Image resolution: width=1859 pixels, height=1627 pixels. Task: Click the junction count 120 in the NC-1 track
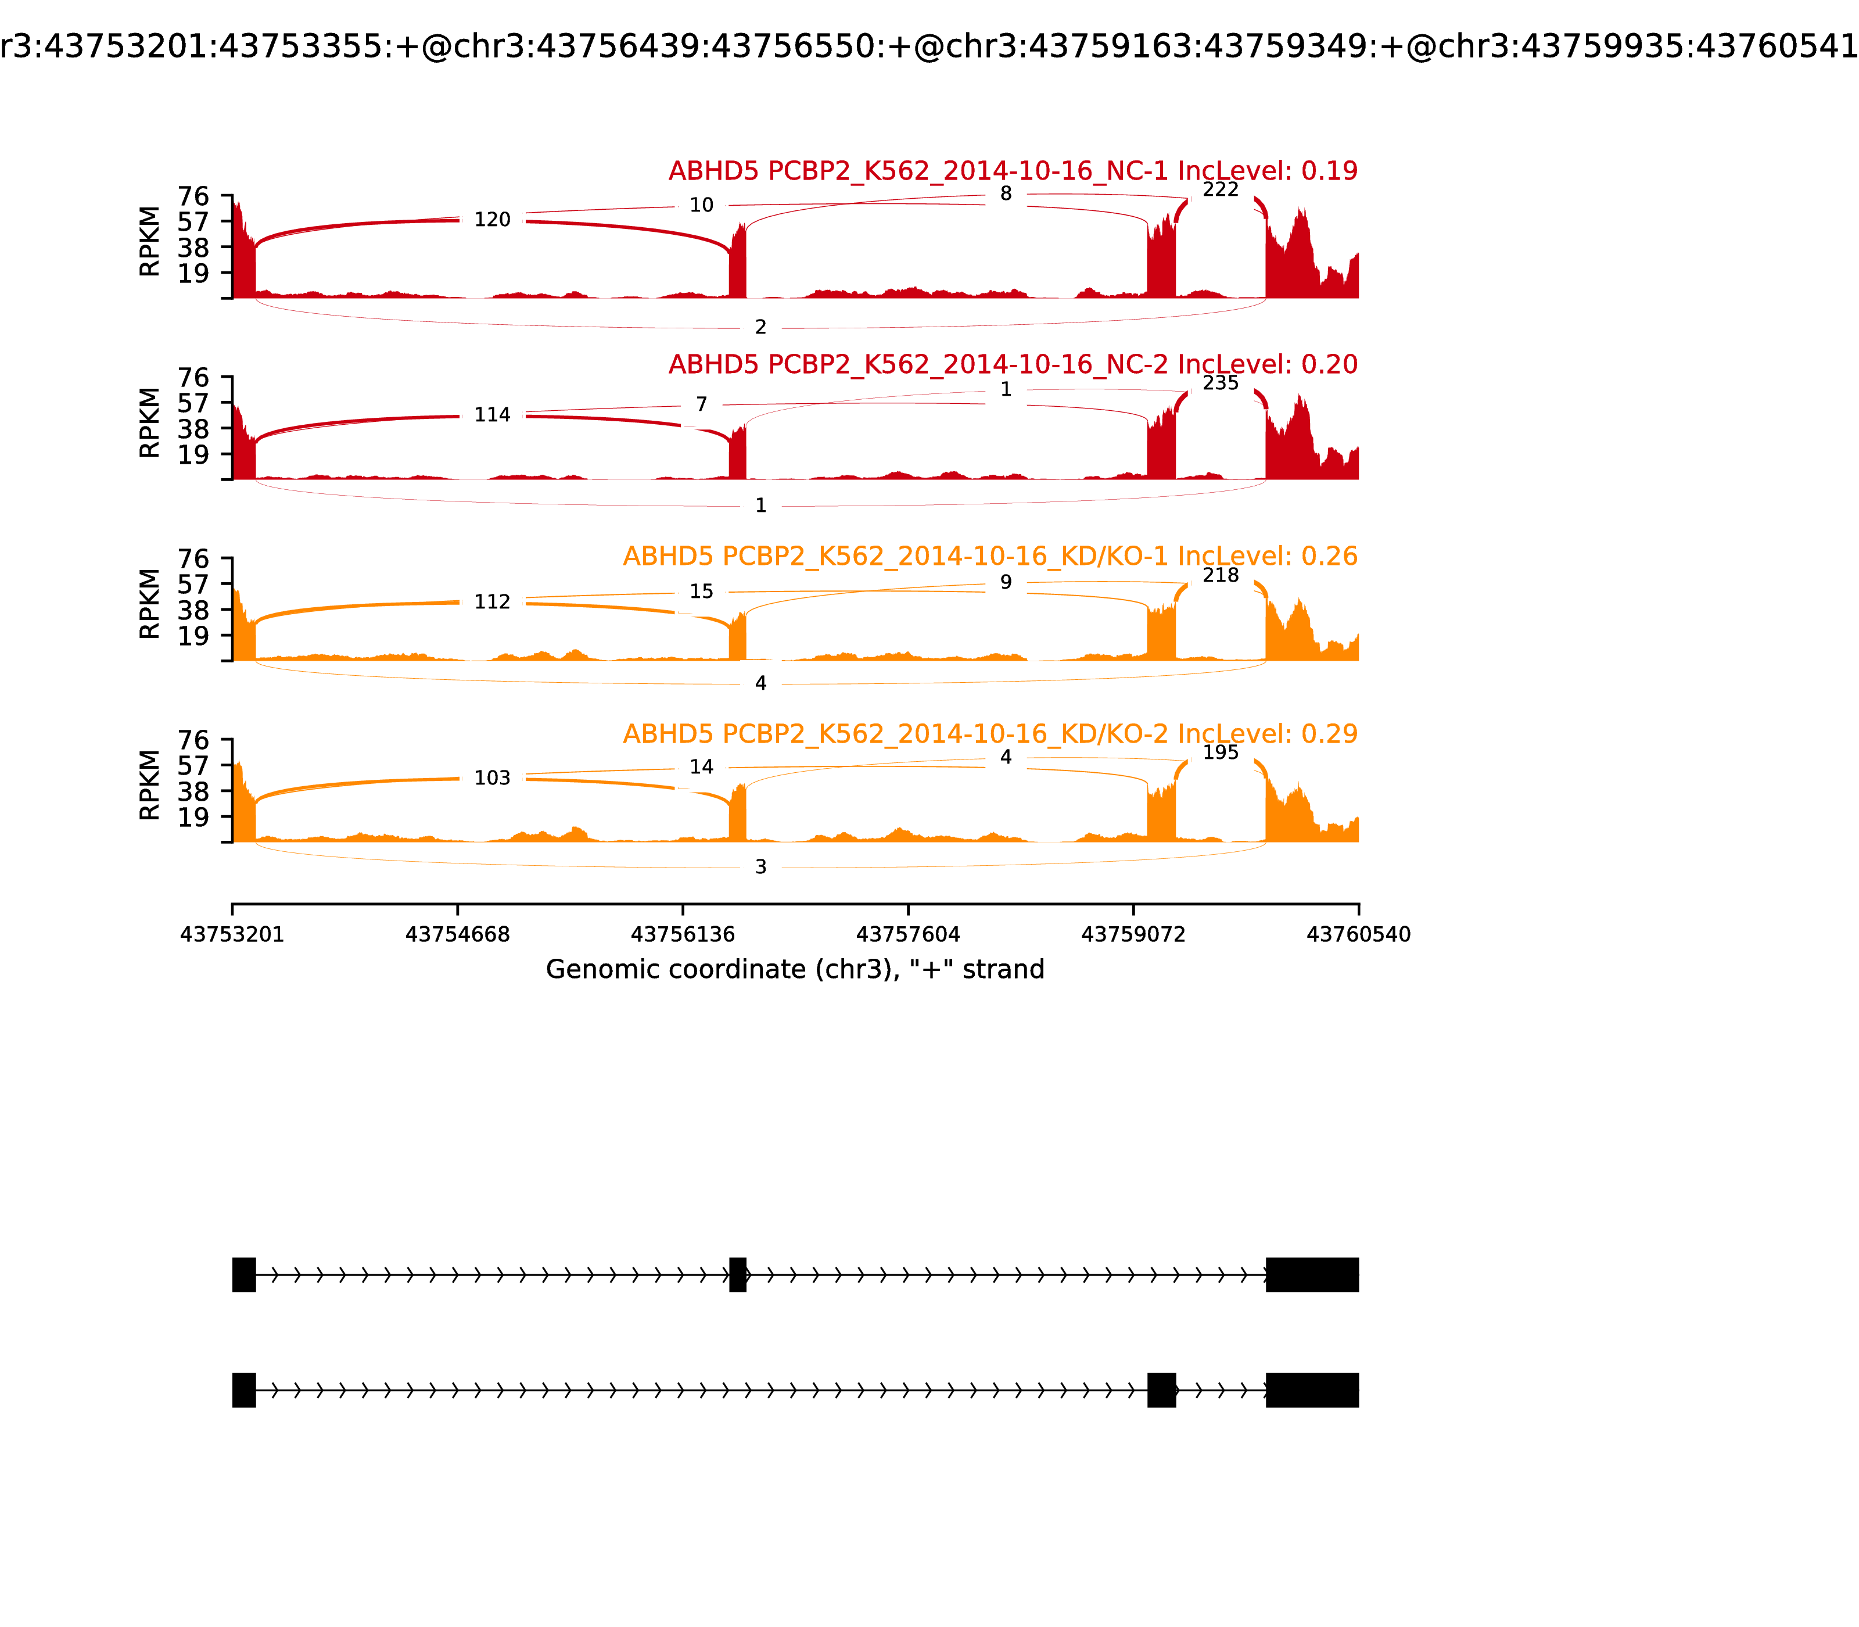pyautogui.click(x=492, y=220)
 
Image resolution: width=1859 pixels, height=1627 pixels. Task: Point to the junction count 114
pyautogui.click(x=492, y=415)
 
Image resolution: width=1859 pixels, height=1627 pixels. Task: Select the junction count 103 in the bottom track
pyautogui.click(x=492, y=778)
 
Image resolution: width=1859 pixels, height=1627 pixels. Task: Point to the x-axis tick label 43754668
pyautogui.click(x=458, y=934)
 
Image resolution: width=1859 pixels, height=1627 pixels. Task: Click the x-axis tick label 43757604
pyautogui.click(x=907, y=934)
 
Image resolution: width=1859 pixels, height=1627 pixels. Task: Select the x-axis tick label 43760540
pyautogui.click(x=1358, y=934)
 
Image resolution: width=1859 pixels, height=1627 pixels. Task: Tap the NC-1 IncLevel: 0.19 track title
pyautogui.click(x=1012, y=171)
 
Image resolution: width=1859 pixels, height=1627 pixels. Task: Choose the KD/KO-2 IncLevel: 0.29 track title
pyautogui.click(x=989, y=733)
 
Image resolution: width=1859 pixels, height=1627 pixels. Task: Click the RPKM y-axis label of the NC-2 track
pyautogui.click(x=150, y=422)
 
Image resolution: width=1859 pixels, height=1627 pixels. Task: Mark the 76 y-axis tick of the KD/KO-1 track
pyautogui.click(x=193, y=559)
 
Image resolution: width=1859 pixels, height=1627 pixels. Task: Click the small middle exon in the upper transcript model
pyautogui.click(x=737, y=1275)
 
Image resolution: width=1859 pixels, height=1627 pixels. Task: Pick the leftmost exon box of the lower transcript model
pyautogui.click(x=243, y=1390)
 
